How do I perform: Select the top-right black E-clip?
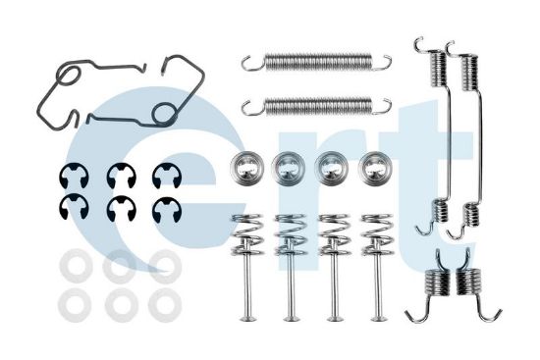[x=165, y=176]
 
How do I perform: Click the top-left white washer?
[x=74, y=265]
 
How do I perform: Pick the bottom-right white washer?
[x=164, y=304]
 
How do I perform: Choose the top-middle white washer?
[x=120, y=265]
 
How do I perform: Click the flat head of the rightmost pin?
[x=377, y=318]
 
